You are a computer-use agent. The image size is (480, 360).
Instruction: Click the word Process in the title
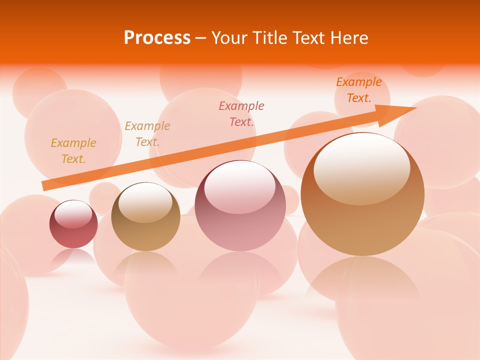[157, 38]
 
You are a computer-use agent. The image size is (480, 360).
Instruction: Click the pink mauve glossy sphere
[240, 220]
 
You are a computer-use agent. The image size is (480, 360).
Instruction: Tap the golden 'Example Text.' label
[73, 151]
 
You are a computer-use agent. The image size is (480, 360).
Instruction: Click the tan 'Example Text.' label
[147, 134]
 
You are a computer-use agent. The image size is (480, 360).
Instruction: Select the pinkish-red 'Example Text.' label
[241, 113]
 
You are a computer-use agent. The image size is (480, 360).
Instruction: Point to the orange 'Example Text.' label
[358, 90]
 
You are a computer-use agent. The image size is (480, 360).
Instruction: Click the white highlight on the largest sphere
[362, 167]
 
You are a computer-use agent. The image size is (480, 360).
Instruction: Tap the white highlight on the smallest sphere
[73, 214]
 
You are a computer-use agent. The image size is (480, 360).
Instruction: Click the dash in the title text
[200, 38]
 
